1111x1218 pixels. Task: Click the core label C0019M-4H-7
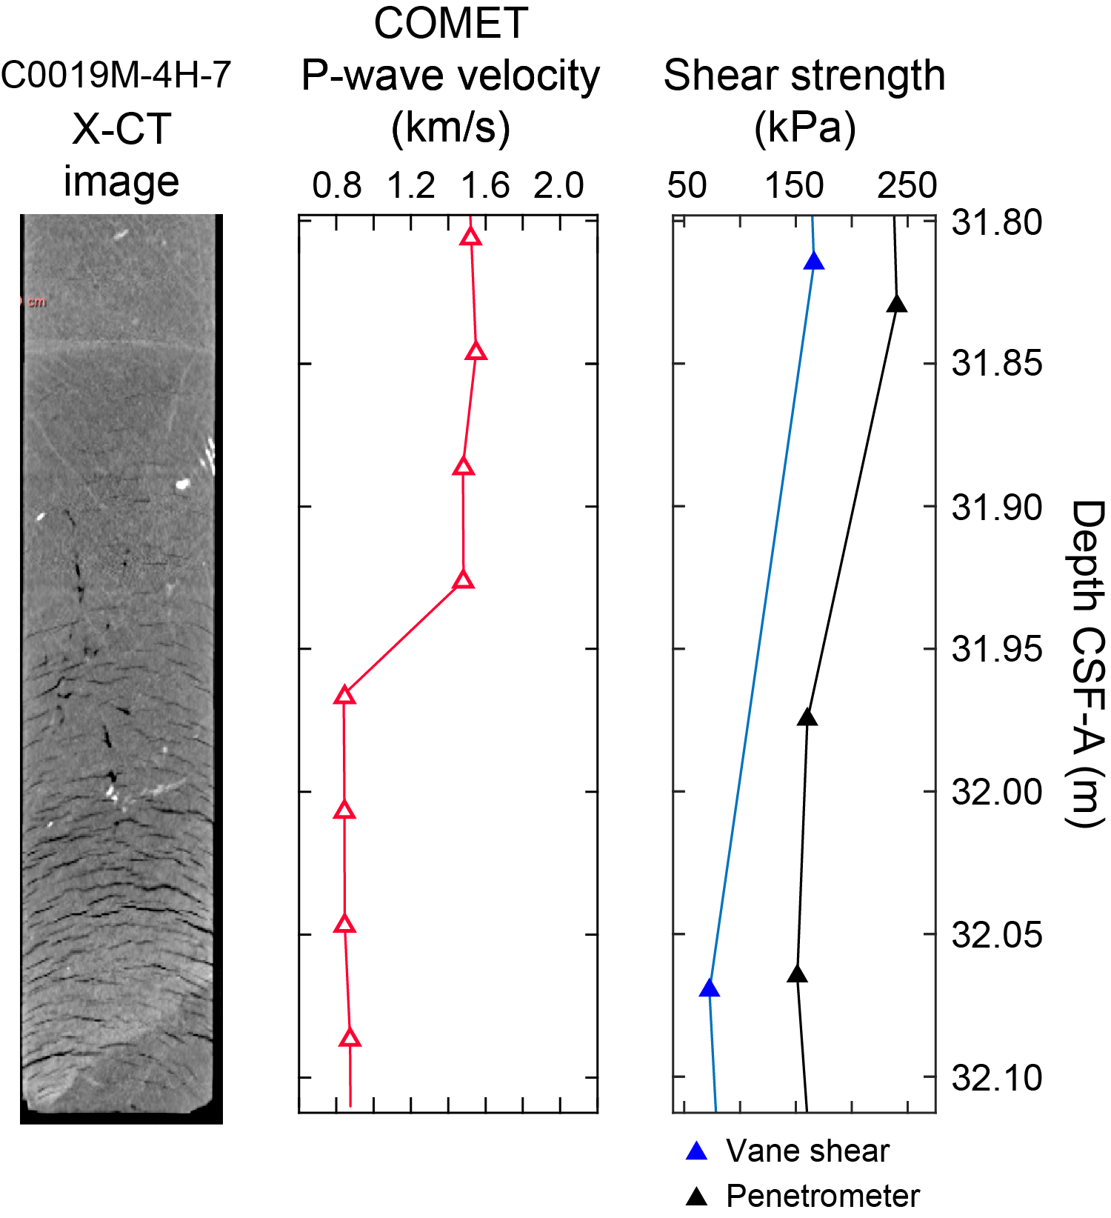click(116, 75)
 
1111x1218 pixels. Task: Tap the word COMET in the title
click(450, 24)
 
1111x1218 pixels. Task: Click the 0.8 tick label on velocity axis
click(337, 185)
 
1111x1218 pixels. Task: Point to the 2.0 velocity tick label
click(559, 185)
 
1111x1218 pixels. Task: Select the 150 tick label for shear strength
click(794, 185)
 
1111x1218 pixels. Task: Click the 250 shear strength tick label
click(907, 185)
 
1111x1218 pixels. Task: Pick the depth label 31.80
click(997, 222)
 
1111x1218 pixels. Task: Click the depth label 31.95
click(997, 649)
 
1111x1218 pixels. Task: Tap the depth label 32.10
click(997, 1077)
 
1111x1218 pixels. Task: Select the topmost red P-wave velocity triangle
click(470, 237)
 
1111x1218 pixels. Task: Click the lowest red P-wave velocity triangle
click(350, 1038)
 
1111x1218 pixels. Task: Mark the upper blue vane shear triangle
click(814, 262)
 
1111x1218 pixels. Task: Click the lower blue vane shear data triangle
click(710, 988)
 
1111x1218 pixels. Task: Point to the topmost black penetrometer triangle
click(897, 304)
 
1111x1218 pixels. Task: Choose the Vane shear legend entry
click(790, 1151)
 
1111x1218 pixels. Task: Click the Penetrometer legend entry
click(804, 1196)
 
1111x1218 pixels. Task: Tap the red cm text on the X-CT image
click(37, 302)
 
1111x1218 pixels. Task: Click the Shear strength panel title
click(804, 76)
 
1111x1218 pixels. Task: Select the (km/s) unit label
click(450, 127)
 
